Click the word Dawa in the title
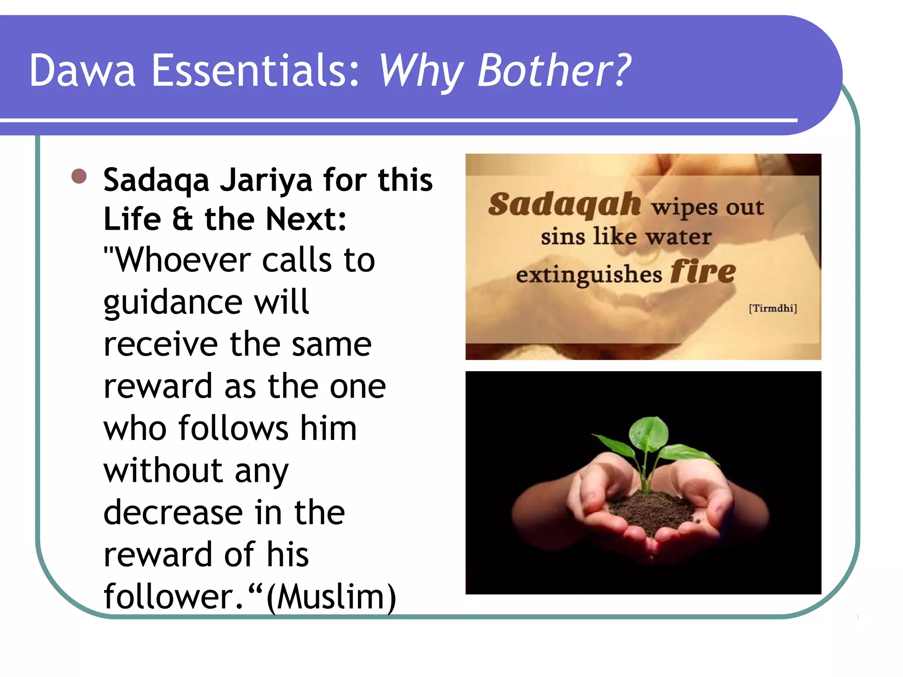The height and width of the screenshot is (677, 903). tap(82, 71)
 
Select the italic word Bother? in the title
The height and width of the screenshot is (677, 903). tap(554, 71)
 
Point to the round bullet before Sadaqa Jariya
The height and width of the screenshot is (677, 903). tap(79, 176)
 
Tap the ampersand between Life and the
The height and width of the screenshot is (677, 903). tap(183, 219)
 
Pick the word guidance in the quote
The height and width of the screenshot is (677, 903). tap(173, 303)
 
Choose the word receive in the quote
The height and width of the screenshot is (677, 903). tap(160, 344)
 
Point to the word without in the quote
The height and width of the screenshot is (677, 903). tap(163, 470)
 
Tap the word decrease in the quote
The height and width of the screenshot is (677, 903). tap(173, 513)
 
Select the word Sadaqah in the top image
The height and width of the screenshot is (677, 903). tap(564, 205)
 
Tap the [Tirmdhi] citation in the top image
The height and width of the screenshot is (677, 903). tap(772, 308)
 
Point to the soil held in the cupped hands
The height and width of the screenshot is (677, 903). tap(653, 511)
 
